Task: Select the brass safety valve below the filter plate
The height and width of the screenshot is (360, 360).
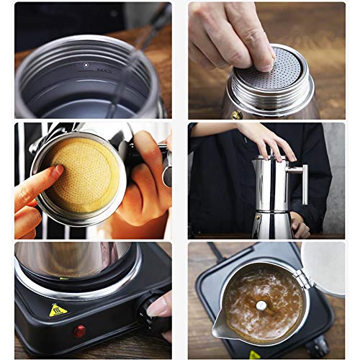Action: pyautogui.click(x=236, y=114)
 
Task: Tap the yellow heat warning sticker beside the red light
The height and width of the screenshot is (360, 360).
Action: pyautogui.click(x=58, y=310)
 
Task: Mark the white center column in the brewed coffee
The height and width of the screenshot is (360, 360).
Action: pyautogui.click(x=261, y=305)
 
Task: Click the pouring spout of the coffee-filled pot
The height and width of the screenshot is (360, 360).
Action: pyautogui.click(x=219, y=333)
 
